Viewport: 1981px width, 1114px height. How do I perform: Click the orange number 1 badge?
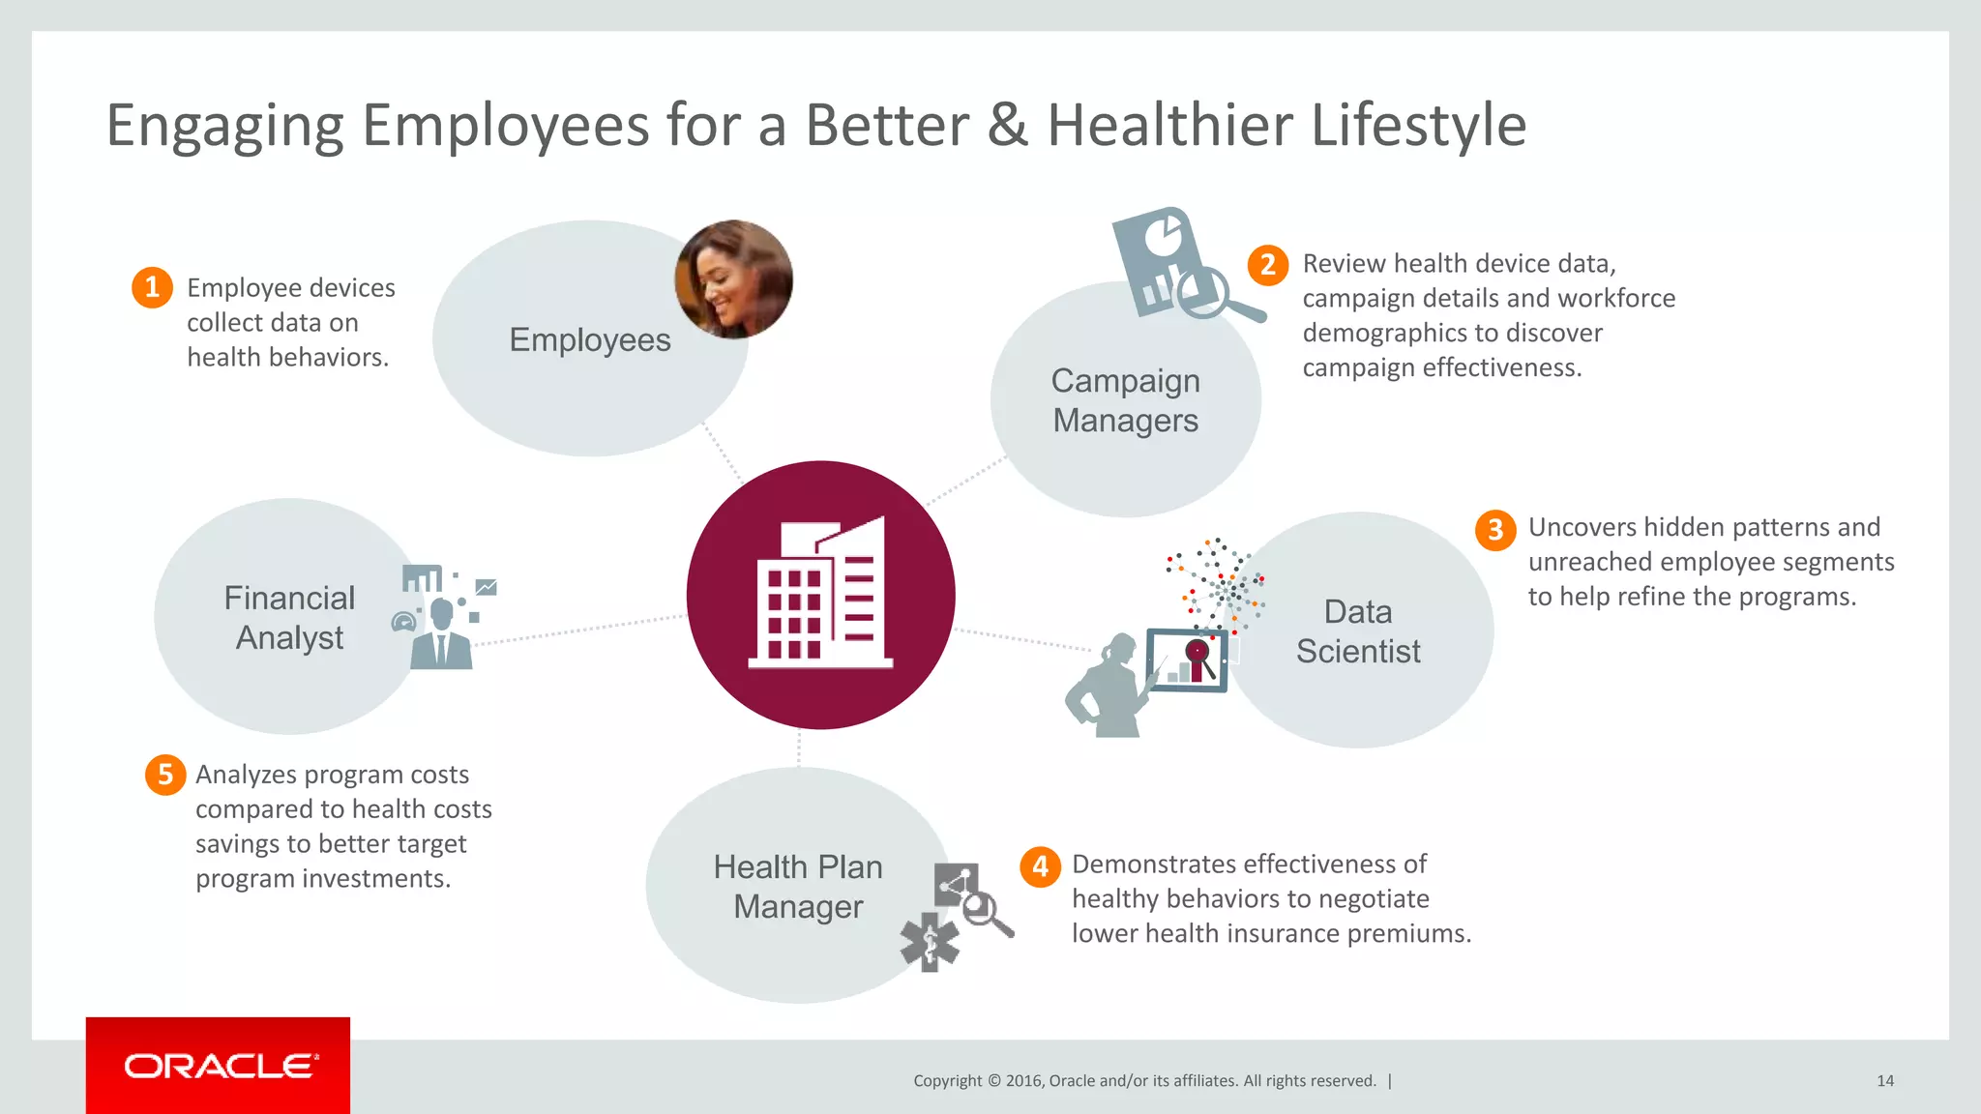point(152,287)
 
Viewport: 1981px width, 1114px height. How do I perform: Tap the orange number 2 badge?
point(1267,265)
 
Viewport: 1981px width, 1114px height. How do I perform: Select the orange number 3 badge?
point(1494,529)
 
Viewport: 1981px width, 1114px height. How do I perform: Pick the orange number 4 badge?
point(1040,865)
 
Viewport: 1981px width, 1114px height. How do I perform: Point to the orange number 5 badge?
point(165,775)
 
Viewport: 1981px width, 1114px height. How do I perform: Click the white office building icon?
point(820,594)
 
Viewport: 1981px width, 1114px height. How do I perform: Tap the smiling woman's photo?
point(733,279)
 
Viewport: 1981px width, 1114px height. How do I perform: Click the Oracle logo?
point(220,1066)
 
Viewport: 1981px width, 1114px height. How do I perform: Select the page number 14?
point(1884,1081)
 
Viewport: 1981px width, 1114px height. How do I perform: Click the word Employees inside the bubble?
point(590,340)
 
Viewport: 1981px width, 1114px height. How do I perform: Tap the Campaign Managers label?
point(1125,400)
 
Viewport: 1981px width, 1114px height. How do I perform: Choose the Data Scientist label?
point(1358,631)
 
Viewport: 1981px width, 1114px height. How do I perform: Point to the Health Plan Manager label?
point(798,887)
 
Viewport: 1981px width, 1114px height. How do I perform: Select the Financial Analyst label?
point(289,618)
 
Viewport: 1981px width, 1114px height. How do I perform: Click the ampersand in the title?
point(1008,126)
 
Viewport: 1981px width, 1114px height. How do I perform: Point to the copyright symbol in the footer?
point(993,1081)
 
